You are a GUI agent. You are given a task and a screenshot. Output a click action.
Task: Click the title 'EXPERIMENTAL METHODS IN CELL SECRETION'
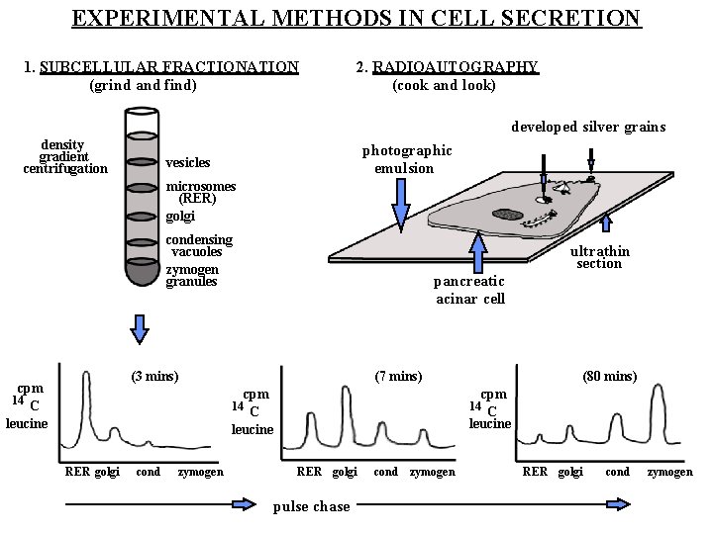point(356,18)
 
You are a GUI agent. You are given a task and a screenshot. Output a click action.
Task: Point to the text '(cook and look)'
point(444,85)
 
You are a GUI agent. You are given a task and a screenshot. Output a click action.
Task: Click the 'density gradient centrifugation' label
point(64,156)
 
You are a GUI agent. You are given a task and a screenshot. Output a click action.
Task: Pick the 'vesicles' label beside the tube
point(188,162)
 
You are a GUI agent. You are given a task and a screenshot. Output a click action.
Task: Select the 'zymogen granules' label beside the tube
point(192,275)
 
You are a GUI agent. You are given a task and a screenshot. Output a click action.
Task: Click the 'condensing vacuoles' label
point(199,245)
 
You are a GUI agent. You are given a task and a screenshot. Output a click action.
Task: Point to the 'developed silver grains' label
point(588,127)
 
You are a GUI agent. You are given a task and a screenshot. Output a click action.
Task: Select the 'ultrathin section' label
point(599,257)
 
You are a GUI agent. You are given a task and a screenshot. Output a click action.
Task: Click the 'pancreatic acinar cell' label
point(469,290)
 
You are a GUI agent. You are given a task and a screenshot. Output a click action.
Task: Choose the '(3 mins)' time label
point(154,376)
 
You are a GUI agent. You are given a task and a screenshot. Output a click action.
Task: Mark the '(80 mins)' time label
point(610,376)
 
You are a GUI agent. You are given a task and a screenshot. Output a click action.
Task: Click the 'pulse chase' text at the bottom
point(310,506)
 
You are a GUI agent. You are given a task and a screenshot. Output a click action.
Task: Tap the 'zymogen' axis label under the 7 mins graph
point(433,473)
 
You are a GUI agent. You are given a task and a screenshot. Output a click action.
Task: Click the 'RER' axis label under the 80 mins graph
point(535,473)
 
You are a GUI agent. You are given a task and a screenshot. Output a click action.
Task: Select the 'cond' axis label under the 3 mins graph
point(148,473)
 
